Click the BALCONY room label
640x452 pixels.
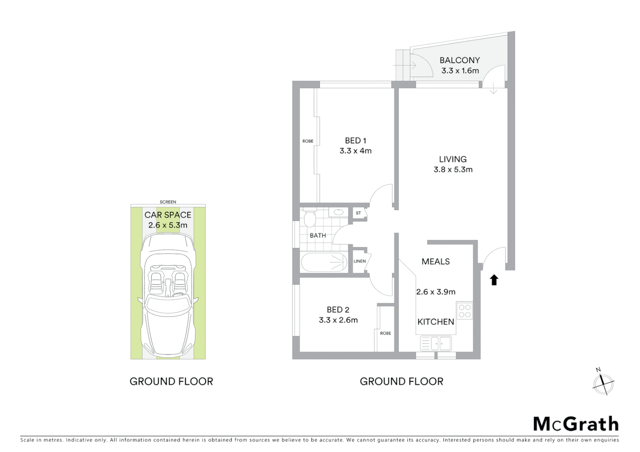click(459, 60)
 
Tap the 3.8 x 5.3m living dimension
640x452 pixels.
click(453, 169)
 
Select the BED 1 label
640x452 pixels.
click(355, 141)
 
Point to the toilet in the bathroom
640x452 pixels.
click(310, 218)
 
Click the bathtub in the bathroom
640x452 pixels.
click(324, 262)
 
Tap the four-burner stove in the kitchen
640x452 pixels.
click(465, 311)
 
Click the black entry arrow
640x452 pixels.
click(494, 280)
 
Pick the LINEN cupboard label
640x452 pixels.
click(359, 261)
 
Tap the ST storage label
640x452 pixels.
click(358, 213)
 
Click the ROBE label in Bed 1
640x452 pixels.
click(308, 141)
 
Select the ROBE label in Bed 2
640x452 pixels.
click(385, 333)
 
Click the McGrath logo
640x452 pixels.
click(576, 424)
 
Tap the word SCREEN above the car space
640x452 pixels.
click(168, 202)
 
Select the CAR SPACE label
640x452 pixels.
click(168, 215)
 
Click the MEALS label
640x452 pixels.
click(436, 262)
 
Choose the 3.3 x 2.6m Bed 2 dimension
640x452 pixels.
click(338, 320)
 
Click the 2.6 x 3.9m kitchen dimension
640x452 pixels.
click(436, 292)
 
